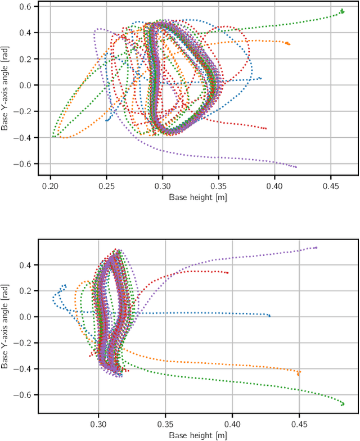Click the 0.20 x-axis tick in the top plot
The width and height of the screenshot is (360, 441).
[x=51, y=176]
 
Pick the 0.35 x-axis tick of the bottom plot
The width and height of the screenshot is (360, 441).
[x=165, y=416]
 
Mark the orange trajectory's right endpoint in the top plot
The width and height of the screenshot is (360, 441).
[x=288, y=43]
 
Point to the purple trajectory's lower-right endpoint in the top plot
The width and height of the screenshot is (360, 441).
[x=296, y=167]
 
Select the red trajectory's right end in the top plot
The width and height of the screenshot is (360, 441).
[x=265, y=129]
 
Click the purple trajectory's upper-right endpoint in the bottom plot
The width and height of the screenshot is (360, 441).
[x=316, y=247]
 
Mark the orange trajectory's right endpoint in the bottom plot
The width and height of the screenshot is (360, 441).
[x=299, y=372]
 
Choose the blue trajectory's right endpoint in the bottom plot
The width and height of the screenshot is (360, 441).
[x=269, y=316]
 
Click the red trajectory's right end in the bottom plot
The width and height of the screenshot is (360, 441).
[x=227, y=273]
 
